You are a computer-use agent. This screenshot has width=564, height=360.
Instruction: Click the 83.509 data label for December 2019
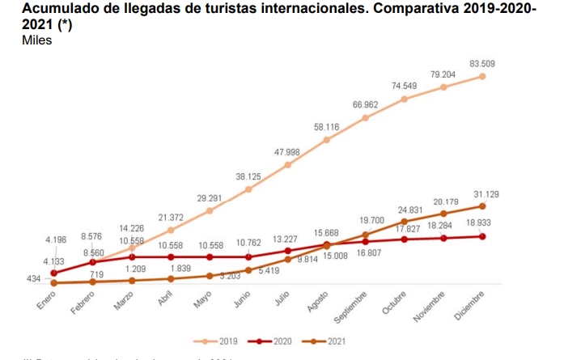click(483, 64)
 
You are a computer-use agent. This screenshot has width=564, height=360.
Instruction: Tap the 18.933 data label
click(483, 222)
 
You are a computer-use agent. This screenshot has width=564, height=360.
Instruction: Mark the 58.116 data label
click(328, 128)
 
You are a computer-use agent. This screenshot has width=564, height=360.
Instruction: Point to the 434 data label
click(35, 278)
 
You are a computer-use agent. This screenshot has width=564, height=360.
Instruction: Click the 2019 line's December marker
click(482, 76)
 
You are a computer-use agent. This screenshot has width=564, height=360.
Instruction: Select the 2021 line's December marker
click(482, 206)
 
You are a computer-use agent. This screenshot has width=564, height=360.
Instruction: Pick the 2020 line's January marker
click(53, 273)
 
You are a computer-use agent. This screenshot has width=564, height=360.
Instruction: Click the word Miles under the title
click(37, 40)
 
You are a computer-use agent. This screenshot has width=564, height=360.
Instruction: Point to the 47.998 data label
click(289, 152)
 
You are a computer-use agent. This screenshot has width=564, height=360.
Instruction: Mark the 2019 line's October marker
click(405, 99)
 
